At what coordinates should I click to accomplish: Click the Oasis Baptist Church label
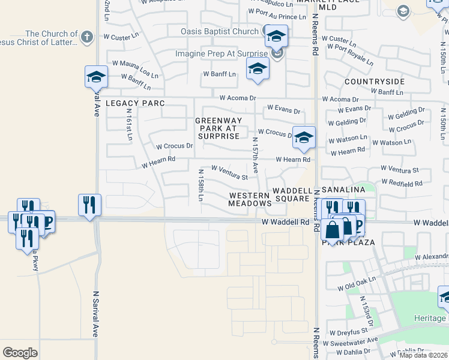pyautogui.click(x=220, y=31)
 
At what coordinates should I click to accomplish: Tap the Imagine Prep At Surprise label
pyautogui.click(x=222, y=53)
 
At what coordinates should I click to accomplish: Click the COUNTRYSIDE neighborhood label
pyautogui.click(x=375, y=81)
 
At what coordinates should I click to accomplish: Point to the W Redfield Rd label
pyautogui.click(x=402, y=182)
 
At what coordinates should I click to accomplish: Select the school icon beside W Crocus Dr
pyautogui.click(x=304, y=137)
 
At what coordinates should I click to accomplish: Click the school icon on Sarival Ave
pyautogui.click(x=96, y=77)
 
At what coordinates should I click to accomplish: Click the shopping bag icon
pyautogui.click(x=332, y=229)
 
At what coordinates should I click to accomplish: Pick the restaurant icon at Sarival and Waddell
pyautogui.click(x=89, y=205)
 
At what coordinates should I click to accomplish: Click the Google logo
pyautogui.click(x=20, y=353)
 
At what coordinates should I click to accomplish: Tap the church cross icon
pyautogui.click(x=86, y=37)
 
